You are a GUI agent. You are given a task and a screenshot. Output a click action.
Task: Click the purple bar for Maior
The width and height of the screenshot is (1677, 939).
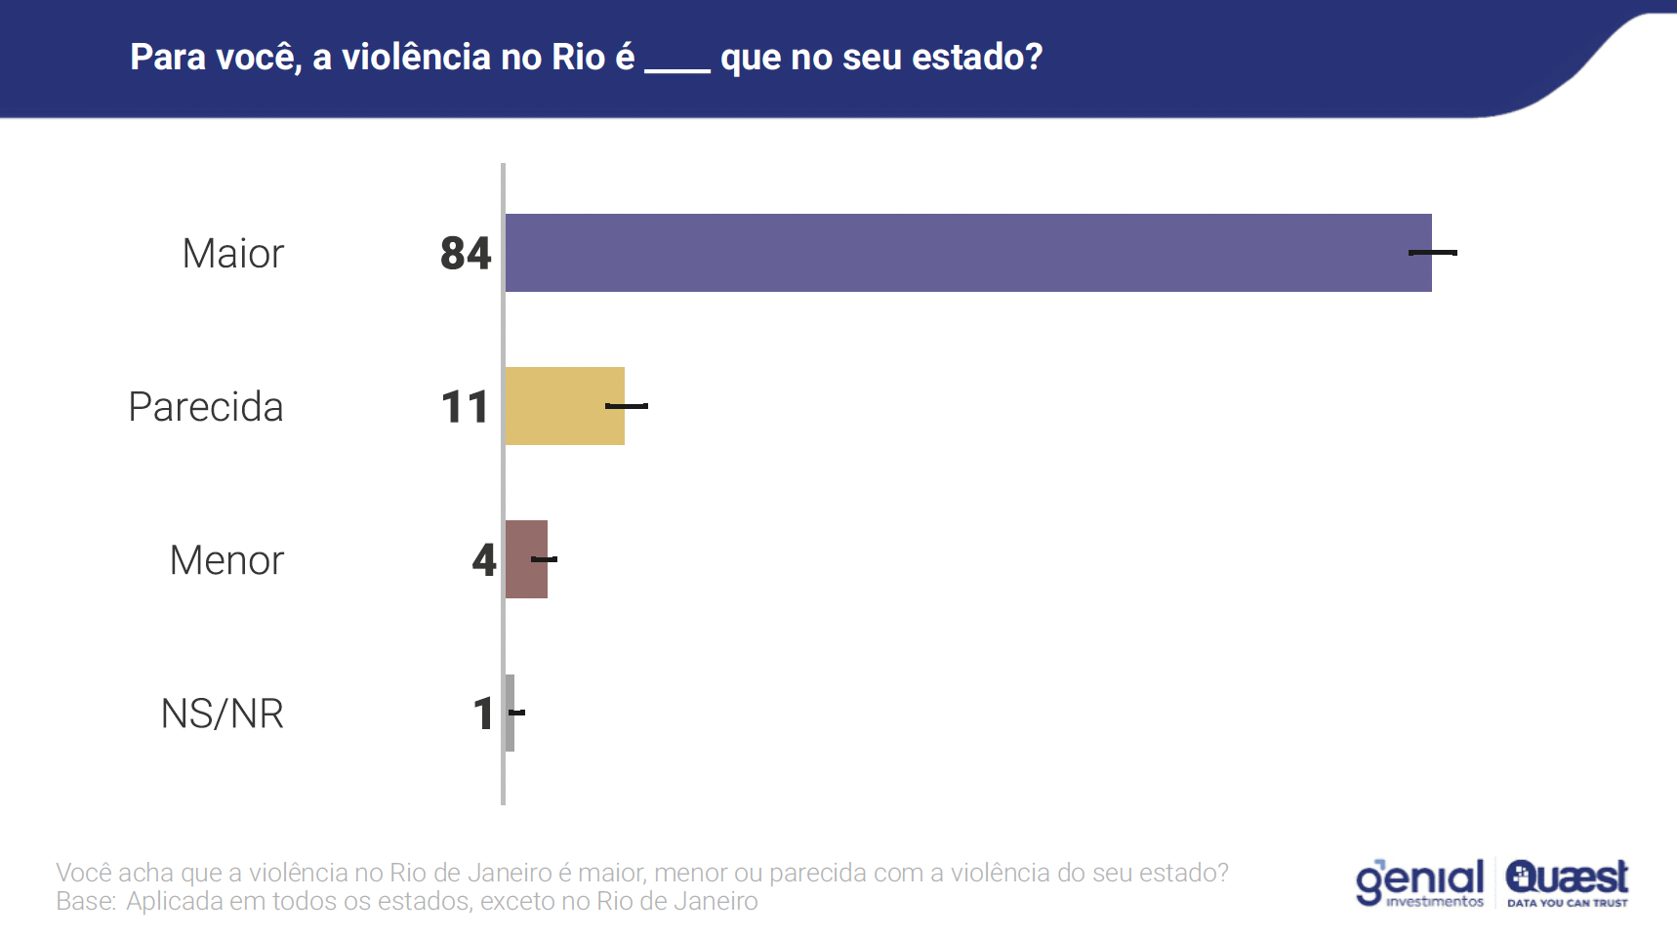[966, 253]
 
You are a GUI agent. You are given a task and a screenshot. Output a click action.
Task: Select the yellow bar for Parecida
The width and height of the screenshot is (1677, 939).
[564, 406]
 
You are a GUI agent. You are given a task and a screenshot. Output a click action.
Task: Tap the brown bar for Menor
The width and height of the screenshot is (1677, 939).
[526, 559]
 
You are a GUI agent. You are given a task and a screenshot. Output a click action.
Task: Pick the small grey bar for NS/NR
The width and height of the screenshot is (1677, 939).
[510, 713]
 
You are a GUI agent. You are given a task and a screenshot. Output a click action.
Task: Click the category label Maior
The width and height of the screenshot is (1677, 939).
[232, 254]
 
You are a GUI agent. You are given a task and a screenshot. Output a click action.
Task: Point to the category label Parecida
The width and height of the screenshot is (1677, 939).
[206, 407]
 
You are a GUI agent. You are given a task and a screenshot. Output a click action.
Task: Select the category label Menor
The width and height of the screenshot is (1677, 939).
[226, 560]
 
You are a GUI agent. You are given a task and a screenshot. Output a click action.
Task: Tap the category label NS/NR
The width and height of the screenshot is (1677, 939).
[222, 714]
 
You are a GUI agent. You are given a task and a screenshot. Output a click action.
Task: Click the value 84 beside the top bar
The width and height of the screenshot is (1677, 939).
[466, 254]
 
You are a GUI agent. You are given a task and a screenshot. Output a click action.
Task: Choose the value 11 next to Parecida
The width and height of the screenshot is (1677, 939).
[465, 407]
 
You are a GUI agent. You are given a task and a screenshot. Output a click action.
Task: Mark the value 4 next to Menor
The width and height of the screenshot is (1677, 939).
[484, 560]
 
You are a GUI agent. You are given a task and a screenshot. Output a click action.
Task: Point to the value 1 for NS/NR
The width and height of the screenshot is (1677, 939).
[483, 714]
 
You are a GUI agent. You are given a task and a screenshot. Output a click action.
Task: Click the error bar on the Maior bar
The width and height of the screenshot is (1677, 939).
[1433, 253]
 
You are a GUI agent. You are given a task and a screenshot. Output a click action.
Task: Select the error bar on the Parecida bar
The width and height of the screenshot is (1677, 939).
[627, 406]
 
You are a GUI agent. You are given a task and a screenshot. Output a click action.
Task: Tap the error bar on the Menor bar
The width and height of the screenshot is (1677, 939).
[544, 559]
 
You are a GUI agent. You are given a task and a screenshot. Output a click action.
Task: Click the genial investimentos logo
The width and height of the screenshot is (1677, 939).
[1420, 882]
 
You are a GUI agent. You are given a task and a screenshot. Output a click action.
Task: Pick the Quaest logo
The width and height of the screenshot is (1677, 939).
[1567, 882]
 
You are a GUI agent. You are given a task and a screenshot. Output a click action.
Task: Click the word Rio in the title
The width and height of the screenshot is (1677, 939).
[578, 58]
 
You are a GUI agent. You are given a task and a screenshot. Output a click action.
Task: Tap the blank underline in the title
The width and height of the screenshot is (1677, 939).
[677, 68]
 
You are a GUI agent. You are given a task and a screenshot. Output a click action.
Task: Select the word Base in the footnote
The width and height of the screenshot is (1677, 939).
[83, 901]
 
